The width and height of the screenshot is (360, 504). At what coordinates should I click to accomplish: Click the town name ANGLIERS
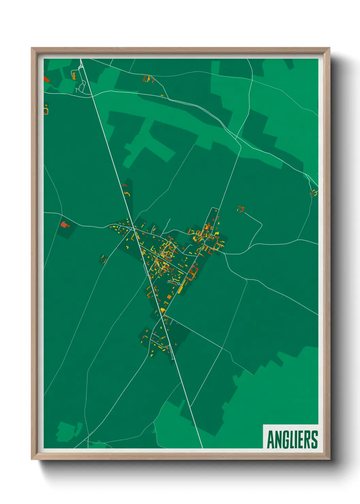(x=292, y=439)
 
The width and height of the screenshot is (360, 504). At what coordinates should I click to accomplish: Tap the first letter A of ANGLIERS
(x=271, y=439)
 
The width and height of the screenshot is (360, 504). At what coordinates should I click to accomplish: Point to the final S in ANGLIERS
(x=314, y=439)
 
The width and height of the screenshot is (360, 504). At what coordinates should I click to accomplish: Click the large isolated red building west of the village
(x=64, y=224)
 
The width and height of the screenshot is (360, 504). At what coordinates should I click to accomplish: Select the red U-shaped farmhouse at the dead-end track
(x=241, y=209)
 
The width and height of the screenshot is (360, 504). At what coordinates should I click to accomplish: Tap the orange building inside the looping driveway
(x=74, y=76)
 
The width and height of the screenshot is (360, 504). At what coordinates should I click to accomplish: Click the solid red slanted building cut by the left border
(x=46, y=79)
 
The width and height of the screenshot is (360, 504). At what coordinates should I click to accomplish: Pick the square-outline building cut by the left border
(x=46, y=110)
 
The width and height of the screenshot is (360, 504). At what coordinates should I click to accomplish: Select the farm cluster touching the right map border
(x=314, y=193)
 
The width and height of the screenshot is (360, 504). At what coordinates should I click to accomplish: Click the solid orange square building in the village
(x=169, y=297)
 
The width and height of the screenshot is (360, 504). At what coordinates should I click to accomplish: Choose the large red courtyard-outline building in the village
(x=193, y=272)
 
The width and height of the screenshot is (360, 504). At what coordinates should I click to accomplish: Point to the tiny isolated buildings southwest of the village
(x=103, y=259)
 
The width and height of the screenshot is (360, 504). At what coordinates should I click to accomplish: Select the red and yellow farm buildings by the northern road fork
(x=149, y=79)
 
